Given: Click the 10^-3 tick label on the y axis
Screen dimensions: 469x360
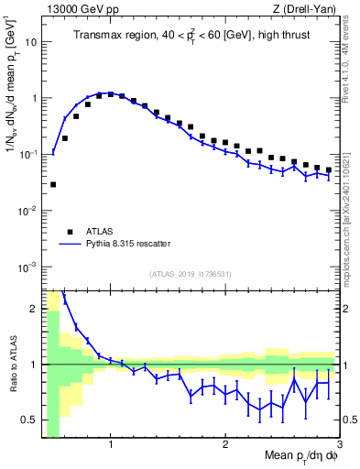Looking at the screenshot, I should click(x=28, y=267).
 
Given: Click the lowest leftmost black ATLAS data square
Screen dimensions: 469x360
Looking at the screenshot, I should click(x=53, y=184).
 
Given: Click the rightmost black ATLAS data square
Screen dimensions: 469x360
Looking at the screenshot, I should click(x=328, y=170).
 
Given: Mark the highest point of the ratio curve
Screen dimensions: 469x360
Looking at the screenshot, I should click(x=64, y=300).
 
